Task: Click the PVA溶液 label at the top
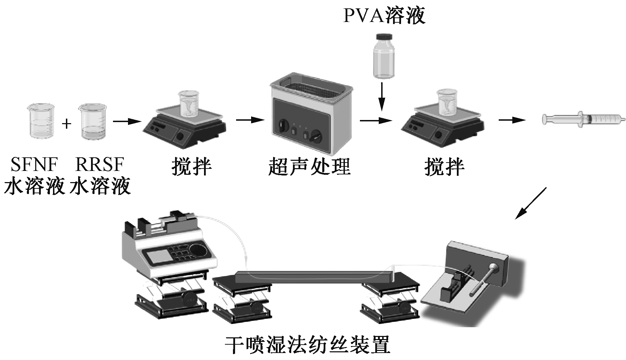pyautogui.click(x=384, y=15)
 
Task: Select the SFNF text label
pyautogui.click(x=34, y=164)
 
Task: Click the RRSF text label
pyautogui.click(x=99, y=164)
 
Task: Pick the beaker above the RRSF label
pyautogui.click(x=92, y=122)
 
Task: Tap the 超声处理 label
pyautogui.click(x=309, y=167)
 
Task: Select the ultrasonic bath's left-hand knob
pyautogui.click(x=283, y=125)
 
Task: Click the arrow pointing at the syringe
pyautogui.click(x=512, y=120)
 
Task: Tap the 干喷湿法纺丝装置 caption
pyautogui.click(x=307, y=345)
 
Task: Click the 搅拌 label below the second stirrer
pyautogui.click(x=444, y=167)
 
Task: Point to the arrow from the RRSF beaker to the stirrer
pyautogui.click(x=127, y=121)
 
